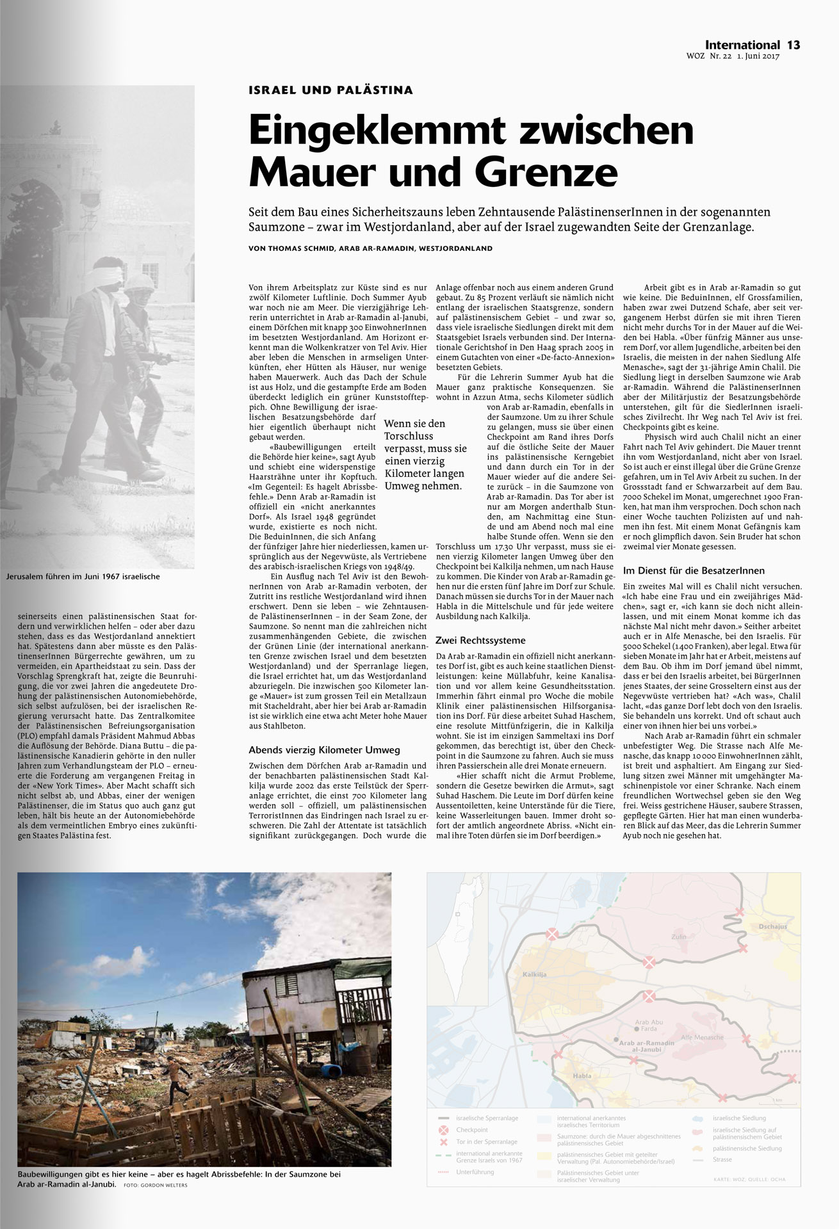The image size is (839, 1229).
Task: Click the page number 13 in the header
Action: [x=794, y=45]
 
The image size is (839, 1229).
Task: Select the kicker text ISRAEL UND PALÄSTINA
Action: [x=330, y=90]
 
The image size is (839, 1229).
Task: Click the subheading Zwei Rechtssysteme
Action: [x=480, y=640]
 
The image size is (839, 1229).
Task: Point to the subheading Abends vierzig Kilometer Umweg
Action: [x=324, y=750]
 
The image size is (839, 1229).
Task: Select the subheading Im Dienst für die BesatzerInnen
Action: [x=694, y=570]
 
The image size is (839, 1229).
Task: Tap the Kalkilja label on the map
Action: [x=534, y=974]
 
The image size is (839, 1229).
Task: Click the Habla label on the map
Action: [x=582, y=1075]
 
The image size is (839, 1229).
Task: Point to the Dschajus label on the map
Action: [x=771, y=926]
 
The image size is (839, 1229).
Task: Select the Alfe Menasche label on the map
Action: [x=702, y=1037]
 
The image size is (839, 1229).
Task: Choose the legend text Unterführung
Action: [x=475, y=1172]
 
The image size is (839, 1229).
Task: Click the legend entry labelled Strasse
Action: [x=722, y=1159]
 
